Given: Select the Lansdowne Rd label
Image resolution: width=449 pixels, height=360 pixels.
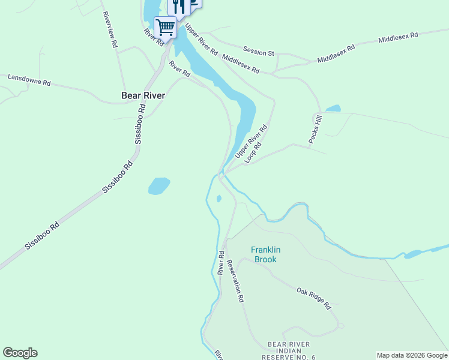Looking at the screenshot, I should (28, 79).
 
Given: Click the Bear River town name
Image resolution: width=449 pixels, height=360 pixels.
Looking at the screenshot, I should (143, 95).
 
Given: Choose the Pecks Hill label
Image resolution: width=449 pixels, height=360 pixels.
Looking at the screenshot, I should (316, 129).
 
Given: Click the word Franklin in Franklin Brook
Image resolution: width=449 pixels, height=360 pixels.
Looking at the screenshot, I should (266, 250).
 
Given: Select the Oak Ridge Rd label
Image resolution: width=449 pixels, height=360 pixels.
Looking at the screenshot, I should (313, 298).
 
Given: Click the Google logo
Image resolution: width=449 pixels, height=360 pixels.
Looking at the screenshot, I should (20, 353).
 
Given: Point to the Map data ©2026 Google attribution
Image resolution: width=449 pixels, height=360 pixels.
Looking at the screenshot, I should (411, 355).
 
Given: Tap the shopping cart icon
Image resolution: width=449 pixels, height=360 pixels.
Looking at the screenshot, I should (165, 26).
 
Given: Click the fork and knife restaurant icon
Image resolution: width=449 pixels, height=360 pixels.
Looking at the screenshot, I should (179, 6).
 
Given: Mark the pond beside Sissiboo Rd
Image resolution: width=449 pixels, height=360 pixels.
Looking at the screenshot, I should (159, 185).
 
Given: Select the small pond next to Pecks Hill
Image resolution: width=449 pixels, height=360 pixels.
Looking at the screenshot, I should (333, 109).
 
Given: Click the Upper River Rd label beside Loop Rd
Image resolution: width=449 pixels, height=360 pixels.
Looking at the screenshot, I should (251, 142).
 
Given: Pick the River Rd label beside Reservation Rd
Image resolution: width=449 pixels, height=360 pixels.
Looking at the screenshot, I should (221, 263).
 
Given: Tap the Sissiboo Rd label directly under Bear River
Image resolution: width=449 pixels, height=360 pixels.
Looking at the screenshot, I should (140, 124).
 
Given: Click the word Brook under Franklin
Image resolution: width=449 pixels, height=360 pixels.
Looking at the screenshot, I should (266, 260).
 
